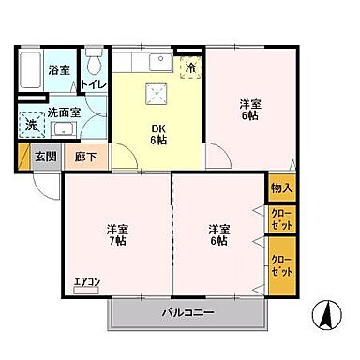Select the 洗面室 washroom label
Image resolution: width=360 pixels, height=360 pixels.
pyautogui.click(x=64, y=112)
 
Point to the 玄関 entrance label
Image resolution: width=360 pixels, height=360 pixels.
pyautogui.click(x=46, y=157)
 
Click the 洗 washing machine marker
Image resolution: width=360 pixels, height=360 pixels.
pyautogui.click(x=32, y=124)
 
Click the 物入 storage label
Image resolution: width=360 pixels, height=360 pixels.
pyautogui.click(x=282, y=187)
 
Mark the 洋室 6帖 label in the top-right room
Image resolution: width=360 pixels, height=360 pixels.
pyautogui.click(x=249, y=110)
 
